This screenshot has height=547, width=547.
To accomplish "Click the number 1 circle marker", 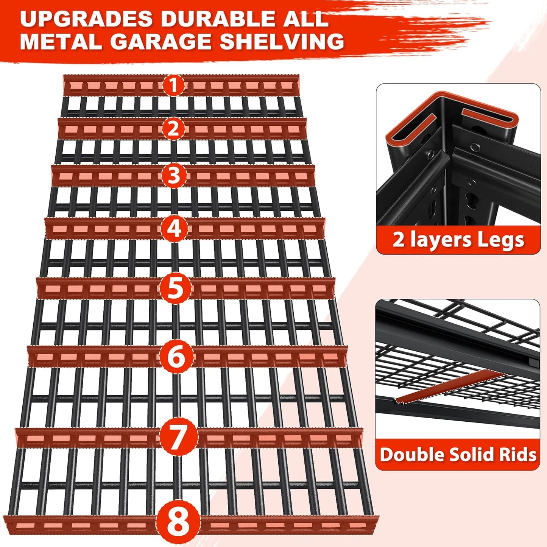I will tap(173, 86).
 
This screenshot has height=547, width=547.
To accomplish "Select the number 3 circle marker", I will tap(174, 176).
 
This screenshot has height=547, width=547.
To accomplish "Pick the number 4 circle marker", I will tap(174, 228).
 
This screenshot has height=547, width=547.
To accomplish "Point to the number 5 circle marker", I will tap(175, 288).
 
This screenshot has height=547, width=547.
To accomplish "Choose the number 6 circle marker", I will tap(176, 356).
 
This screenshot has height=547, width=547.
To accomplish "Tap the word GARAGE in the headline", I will tap(160, 41).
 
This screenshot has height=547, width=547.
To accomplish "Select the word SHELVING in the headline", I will tap(282, 41).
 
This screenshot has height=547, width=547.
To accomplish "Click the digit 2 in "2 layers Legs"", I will tap(399, 240).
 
